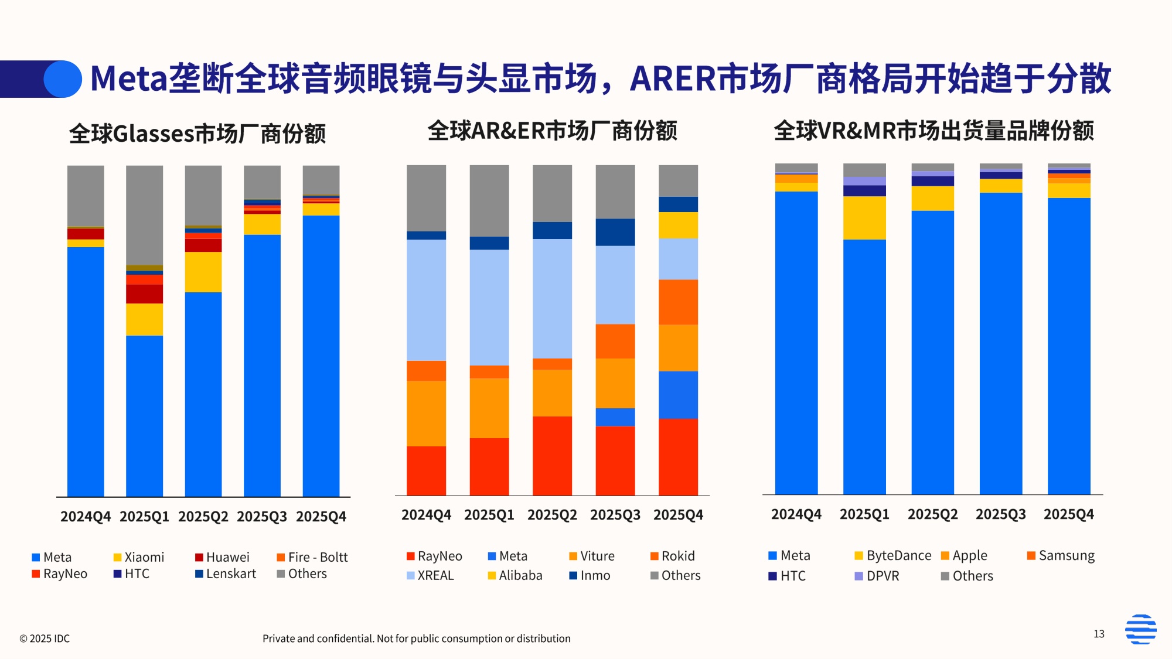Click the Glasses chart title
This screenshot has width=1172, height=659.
(197, 134)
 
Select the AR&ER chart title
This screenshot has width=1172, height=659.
(552, 131)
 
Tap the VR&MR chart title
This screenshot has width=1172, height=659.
(933, 131)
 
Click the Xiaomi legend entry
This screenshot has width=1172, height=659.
(139, 557)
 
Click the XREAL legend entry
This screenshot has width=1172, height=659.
(430, 575)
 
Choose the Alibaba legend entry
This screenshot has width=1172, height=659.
(515, 575)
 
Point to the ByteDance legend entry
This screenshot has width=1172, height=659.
(893, 555)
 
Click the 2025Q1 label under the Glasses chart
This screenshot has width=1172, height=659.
(144, 517)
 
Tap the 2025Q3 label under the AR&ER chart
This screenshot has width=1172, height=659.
(615, 515)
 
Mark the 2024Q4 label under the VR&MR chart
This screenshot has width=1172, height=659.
(796, 514)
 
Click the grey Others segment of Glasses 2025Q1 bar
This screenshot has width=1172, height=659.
(144, 214)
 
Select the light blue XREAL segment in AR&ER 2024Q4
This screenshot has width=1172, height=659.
(426, 300)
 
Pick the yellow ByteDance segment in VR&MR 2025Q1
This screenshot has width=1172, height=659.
(864, 217)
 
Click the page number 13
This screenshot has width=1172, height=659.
(1099, 634)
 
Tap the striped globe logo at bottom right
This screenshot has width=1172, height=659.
(1140, 629)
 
